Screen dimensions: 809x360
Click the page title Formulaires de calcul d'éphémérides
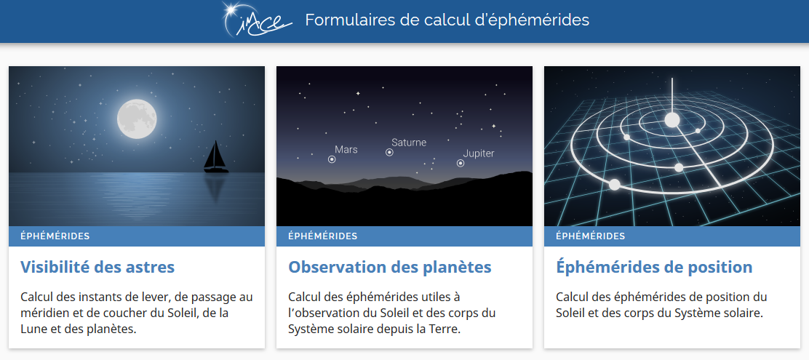click(x=447, y=20)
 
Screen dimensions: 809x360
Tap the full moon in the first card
click(x=136, y=119)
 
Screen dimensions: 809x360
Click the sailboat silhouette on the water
click(x=215, y=157)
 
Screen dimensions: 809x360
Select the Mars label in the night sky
click(x=346, y=150)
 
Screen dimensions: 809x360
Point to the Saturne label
click(x=409, y=143)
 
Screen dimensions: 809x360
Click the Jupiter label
click(x=478, y=153)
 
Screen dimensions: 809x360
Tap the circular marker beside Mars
click(x=332, y=159)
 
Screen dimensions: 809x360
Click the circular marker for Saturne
click(x=389, y=152)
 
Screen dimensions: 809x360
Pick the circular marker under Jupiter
click(x=461, y=164)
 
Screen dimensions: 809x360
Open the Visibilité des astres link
click(x=97, y=267)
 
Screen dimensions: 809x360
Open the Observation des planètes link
click(x=389, y=267)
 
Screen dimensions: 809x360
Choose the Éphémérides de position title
click(x=654, y=267)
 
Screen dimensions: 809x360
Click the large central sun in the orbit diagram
click(x=671, y=120)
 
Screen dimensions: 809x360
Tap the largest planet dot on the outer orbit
click(x=615, y=184)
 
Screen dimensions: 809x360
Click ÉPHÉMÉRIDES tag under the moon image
click(x=55, y=236)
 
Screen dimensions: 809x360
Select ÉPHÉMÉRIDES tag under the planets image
click(x=322, y=236)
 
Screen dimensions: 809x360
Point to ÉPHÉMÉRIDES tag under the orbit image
click(x=590, y=236)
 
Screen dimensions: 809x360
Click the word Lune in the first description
click(x=32, y=329)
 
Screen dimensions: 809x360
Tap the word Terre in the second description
click(x=446, y=329)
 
